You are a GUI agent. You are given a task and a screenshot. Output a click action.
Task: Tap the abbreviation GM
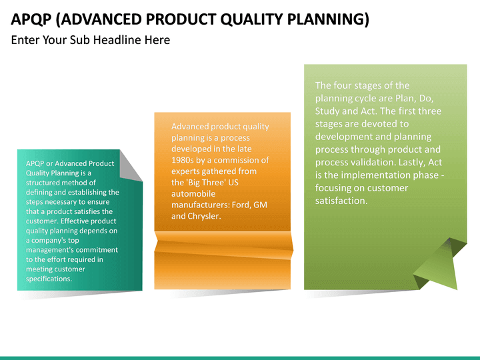(x=261, y=205)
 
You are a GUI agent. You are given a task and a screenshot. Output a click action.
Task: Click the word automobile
(x=193, y=193)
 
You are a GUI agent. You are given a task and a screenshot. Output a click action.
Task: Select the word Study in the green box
(x=327, y=111)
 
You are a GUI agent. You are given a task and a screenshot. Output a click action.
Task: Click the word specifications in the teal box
(x=49, y=279)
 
